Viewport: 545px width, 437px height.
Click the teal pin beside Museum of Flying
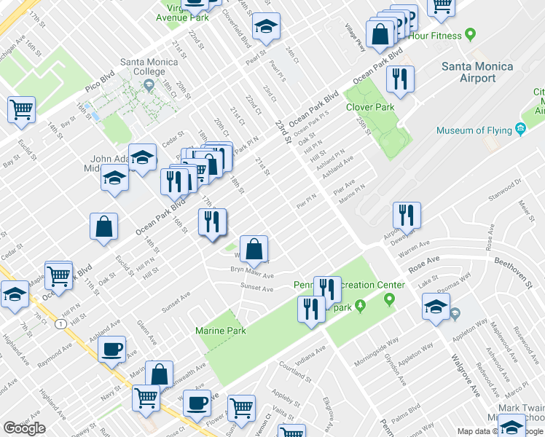(520, 130)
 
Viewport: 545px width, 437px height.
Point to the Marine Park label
(221, 331)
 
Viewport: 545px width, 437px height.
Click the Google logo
(24, 428)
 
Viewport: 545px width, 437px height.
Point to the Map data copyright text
(474, 431)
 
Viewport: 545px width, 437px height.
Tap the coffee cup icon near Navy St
(111, 349)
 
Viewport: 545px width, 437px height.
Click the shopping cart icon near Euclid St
(22, 110)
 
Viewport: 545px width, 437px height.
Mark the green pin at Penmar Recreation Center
(389, 299)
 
